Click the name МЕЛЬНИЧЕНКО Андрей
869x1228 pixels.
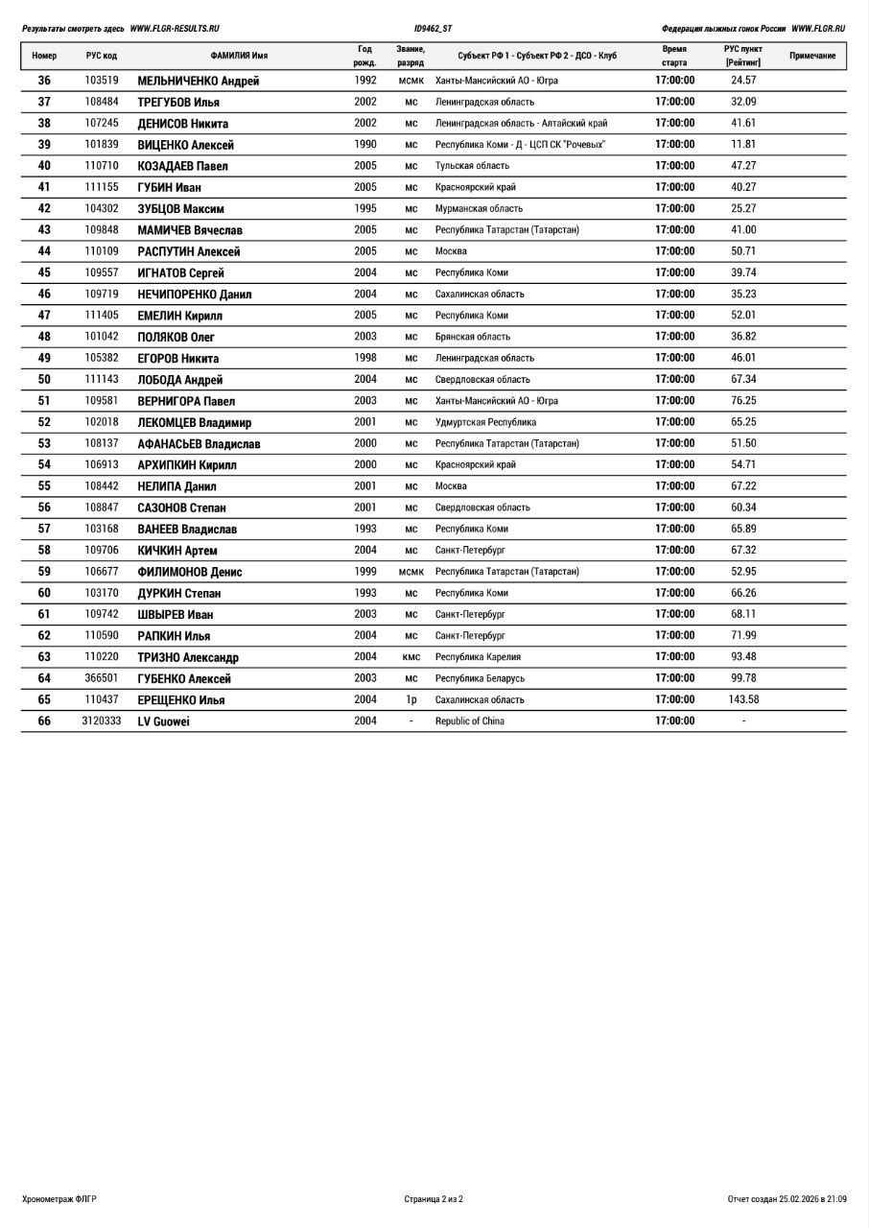(199, 82)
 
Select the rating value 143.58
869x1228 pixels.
(743, 699)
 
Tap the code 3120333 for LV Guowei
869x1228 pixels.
(102, 721)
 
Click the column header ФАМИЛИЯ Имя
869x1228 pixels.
(239, 56)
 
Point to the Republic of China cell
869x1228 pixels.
(470, 721)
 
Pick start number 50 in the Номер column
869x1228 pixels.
(44, 380)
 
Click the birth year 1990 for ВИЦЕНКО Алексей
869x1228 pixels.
(365, 145)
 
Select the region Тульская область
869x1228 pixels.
(473, 166)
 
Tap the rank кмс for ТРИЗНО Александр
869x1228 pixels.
(411, 657)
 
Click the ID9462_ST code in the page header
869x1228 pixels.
(434, 29)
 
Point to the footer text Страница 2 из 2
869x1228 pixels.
(434, 1199)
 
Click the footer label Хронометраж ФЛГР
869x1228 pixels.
(59, 1199)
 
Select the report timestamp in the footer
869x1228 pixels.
(787, 1199)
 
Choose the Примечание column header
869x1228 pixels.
(812, 56)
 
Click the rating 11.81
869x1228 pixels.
(743, 145)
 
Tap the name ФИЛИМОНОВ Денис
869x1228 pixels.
(190, 572)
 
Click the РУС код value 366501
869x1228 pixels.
(102, 678)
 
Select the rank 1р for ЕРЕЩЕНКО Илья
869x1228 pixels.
(411, 700)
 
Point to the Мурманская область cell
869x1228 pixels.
(480, 209)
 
